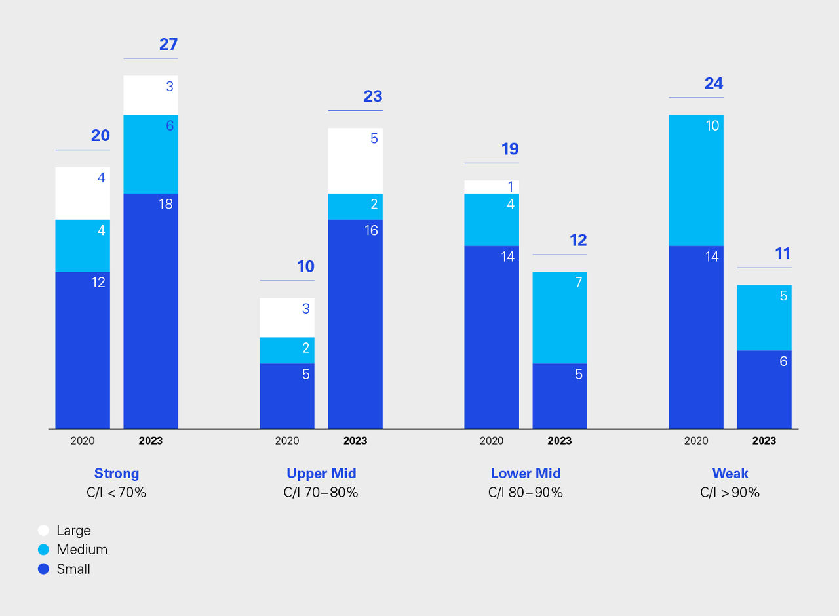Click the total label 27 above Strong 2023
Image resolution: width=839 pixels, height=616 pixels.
click(168, 45)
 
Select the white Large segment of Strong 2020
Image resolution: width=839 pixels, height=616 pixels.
click(83, 194)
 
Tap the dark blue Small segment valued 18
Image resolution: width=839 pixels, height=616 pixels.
click(151, 311)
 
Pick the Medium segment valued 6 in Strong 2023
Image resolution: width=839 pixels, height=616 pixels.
click(151, 154)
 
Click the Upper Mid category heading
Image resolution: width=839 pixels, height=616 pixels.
click(321, 474)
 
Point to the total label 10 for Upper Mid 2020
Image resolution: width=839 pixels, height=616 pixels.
click(305, 267)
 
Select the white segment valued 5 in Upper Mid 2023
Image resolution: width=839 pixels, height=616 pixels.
click(355, 161)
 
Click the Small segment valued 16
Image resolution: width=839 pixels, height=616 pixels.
click(355, 324)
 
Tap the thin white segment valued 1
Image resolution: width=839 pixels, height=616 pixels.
click(492, 187)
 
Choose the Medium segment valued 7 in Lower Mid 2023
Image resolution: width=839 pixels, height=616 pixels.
click(560, 318)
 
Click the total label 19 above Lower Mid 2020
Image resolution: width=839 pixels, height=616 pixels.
click(510, 149)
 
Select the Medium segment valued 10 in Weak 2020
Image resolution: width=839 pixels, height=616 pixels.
click(696, 180)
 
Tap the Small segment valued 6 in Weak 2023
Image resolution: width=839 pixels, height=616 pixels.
click(764, 390)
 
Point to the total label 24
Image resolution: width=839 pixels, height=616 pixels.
click(714, 84)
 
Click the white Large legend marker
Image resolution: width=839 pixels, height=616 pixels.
click(44, 530)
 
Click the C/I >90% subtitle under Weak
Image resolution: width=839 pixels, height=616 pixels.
click(730, 493)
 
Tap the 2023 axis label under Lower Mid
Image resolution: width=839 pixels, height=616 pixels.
click(560, 441)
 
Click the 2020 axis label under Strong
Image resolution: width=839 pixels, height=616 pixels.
click(83, 441)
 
